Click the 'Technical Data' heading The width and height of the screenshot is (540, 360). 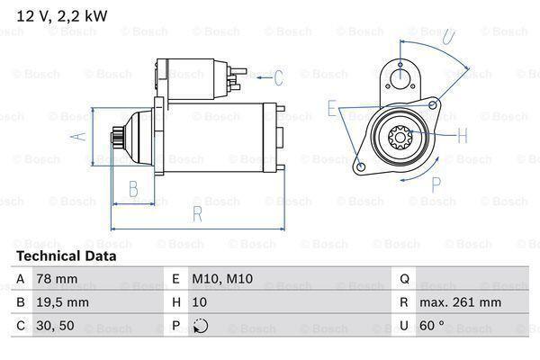point(66,256)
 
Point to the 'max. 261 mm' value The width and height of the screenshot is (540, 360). point(461,302)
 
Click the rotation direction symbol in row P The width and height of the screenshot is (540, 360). point(200,326)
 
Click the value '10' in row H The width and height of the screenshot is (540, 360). point(199,302)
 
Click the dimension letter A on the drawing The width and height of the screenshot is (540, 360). point(79,136)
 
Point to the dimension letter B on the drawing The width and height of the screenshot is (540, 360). point(133,189)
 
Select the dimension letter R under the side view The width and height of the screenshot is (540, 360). point(196,214)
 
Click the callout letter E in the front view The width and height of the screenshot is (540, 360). point(332,109)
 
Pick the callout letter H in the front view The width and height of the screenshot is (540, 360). point(462,137)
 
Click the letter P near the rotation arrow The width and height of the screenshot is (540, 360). point(436,184)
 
